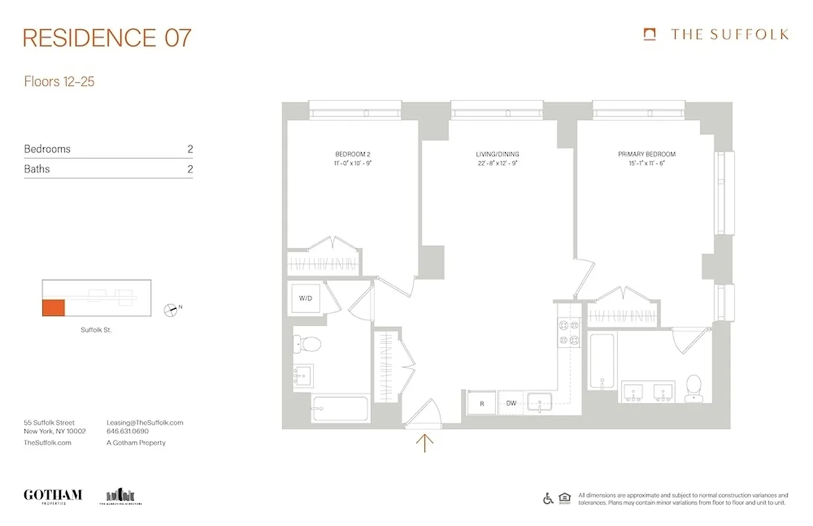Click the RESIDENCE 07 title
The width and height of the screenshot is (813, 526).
tap(107, 37)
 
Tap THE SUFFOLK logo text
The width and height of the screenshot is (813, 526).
tap(729, 35)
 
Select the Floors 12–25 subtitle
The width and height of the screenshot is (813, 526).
tap(59, 82)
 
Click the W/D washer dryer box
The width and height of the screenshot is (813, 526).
tap(305, 299)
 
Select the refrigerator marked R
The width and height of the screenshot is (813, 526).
tap(481, 404)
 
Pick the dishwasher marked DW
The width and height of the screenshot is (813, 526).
tap(511, 404)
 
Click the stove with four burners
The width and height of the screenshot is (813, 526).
tap(568, 332)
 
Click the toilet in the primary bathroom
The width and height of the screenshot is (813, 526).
tap(693, 388)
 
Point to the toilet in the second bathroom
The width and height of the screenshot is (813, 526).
tap(307, 343)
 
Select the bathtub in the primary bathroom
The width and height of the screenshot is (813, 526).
tap(602, 361)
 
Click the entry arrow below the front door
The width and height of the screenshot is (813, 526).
tap(425, 443)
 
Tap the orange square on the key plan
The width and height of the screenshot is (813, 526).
tap(54, 307)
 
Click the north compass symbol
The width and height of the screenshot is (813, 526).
tap(171, 309)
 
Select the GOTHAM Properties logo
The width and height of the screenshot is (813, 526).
tap(53, 496)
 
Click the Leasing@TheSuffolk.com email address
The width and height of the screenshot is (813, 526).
tap(145, 423)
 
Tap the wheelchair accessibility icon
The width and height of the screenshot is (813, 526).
tap(548, 498)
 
